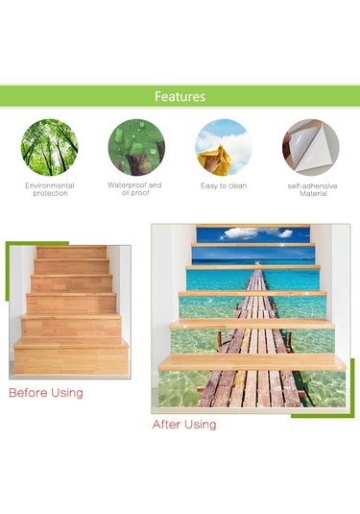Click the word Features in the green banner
click(180, 96)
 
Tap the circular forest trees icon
click(50, 148)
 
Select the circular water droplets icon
click(136, 148)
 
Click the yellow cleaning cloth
click(214, 159)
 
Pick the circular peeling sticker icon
click(311, 148)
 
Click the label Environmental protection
click(50, 189)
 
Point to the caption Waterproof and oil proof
click(134, 189)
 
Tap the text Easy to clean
click(224, 185)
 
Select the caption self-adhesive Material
click(313, 189)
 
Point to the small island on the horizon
click(304, 258)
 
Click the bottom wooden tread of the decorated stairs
click(252, 362)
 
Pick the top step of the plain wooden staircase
click(71, 252)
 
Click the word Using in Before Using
click(66, 393)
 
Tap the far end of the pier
click(259, 262)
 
